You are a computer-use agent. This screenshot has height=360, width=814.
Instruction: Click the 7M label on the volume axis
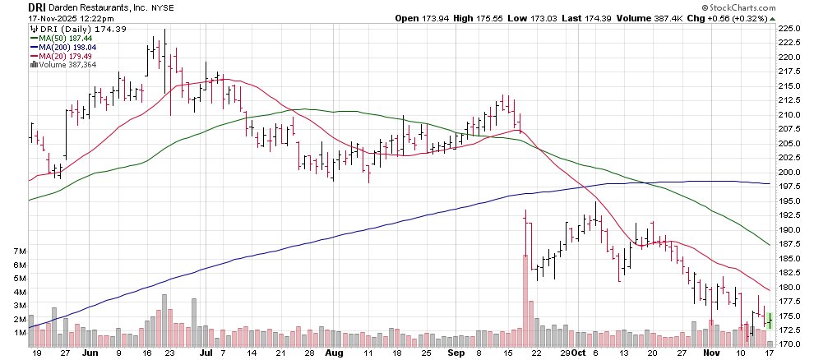[x=18, y=251]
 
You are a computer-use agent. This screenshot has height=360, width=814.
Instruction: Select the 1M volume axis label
[x=18, y=333]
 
